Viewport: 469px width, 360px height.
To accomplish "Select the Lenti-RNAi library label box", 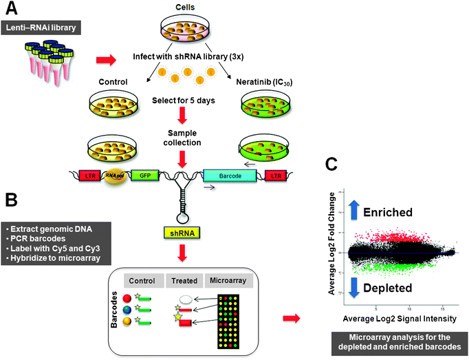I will click(x=47, y=27).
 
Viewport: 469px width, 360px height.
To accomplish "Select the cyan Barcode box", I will click(x=230, y=177).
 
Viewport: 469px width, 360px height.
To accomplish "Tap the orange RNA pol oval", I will click(x=111, y=177).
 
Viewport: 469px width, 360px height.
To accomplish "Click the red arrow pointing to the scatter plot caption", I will click(x=291, y=317).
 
